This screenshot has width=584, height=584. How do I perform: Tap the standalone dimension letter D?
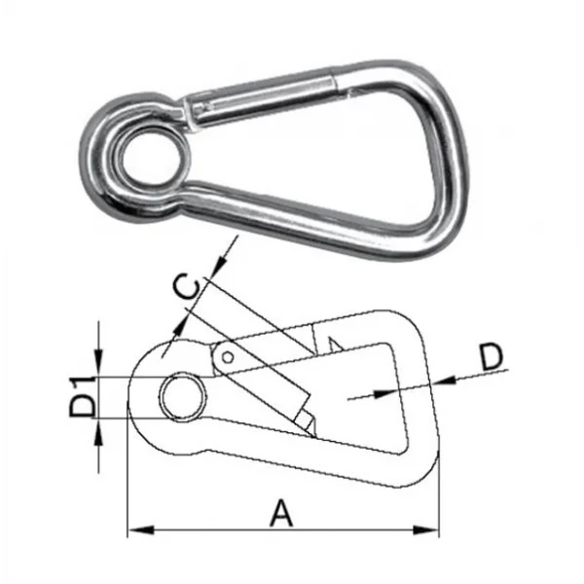[493, 357]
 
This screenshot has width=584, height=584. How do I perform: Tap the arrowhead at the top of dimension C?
[227, 252]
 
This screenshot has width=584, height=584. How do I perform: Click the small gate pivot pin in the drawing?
[227, 358]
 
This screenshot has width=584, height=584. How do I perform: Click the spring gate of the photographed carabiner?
[263, 97]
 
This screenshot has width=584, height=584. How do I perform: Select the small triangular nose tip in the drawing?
[333, 343]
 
